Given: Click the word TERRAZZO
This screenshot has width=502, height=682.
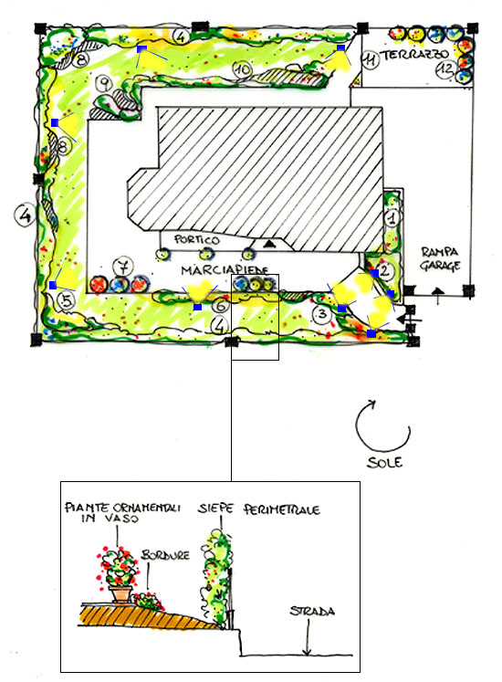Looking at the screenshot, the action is click(414, 56).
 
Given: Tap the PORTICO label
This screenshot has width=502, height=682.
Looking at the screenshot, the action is click(197, 239).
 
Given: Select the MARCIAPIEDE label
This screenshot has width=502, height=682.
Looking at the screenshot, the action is click(225, 270).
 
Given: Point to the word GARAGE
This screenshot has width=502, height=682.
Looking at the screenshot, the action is click(440, 265).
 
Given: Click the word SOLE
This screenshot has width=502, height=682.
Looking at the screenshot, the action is click(384, 462).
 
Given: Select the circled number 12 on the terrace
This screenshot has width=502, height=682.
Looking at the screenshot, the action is click(446, 68).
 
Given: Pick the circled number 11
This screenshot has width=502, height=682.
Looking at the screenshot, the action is click(370, 59).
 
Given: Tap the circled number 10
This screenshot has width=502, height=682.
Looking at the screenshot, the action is click(242, 68).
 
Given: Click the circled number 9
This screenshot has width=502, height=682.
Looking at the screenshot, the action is click(104, 82).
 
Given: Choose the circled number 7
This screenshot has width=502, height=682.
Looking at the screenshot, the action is click(123, 266).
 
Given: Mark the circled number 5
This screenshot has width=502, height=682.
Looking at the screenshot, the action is click(67, 300).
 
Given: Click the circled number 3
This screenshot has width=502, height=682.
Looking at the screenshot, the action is click(322, 313).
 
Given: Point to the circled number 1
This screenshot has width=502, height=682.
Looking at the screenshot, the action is click(392, 217).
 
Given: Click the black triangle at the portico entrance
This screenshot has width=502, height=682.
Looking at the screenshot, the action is click(269, 243).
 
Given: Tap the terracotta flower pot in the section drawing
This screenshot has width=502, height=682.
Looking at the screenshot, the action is click(120, 593).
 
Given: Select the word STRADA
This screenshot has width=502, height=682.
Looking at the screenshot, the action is click(312, 611).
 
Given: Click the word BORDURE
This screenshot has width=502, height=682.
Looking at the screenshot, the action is click(165, 555).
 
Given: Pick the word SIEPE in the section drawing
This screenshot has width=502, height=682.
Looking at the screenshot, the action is click(216, 509).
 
